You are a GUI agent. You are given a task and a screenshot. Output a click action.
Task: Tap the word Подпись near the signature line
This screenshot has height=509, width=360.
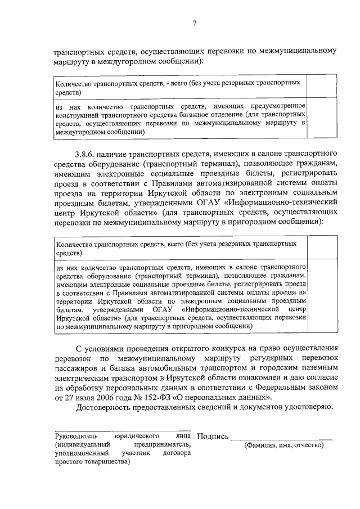pyautogui.click(x=213, y=436)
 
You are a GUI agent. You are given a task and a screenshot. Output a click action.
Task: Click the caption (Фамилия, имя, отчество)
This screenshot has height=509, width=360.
pyautogui.click(x=283, y=445)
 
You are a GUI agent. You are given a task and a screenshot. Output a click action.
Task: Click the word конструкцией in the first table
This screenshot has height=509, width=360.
pyautogui.click(x=76, y=114)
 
